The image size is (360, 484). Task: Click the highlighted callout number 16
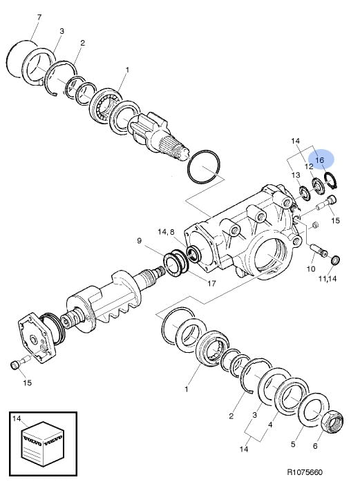pyautogui.click(x=319, y=160)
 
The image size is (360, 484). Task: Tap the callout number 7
pyautogui.click(x=39, y=17)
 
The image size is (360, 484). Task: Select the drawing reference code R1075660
pyautogui.click(x=305, y=472)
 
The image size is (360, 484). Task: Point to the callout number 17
pyautogui.click(x=211, y=283)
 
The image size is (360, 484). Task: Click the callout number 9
pyautogui.click(x=139, y=240)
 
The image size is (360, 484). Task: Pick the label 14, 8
pyautogui.click(x=166, y=232)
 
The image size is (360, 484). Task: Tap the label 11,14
pyautogui.click(x=328, y=279)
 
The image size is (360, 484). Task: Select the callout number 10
pyautogui.click(x=311, y=269)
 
